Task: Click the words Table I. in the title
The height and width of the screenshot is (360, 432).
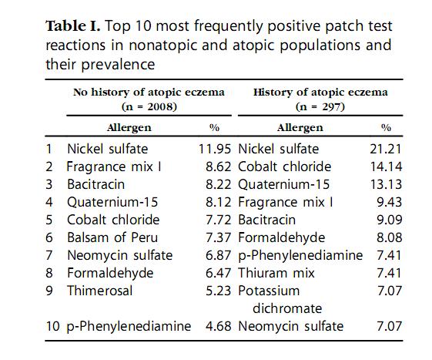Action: tap(72, 26)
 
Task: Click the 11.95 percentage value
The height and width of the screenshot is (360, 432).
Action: tap(215, 149)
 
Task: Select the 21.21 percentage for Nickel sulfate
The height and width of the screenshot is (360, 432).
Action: tap(386, 149)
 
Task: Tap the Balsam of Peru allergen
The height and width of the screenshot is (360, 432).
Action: tap(112, 237)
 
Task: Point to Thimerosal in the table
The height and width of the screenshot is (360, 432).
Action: tap(100, 291)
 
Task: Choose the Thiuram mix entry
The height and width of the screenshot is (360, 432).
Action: tap(276, 273)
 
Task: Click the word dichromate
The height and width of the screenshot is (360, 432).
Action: tap(287, 308)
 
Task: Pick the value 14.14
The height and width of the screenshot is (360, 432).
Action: tap(386, 167)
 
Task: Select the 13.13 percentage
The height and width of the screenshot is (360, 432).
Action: tap(386, 184)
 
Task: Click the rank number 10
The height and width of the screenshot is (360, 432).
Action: tap(52, 326)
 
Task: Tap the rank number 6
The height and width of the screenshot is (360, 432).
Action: tap(49, 237)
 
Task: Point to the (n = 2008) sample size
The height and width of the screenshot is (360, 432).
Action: tap(149, 106)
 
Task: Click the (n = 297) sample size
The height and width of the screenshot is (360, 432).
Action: tap(320, 106)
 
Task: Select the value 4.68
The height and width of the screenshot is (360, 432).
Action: tap(218, 326)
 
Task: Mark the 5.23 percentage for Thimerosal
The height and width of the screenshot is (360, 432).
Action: tap(218, 291)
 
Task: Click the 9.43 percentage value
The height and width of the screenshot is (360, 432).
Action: tap(390, 202)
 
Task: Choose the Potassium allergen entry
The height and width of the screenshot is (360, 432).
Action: tap(269, 291)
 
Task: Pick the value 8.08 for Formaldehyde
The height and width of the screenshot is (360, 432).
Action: tap(390, 237)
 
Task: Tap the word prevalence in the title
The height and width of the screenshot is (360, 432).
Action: tap(118, 65)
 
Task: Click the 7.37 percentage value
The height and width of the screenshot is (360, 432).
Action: tap(218, 237)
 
